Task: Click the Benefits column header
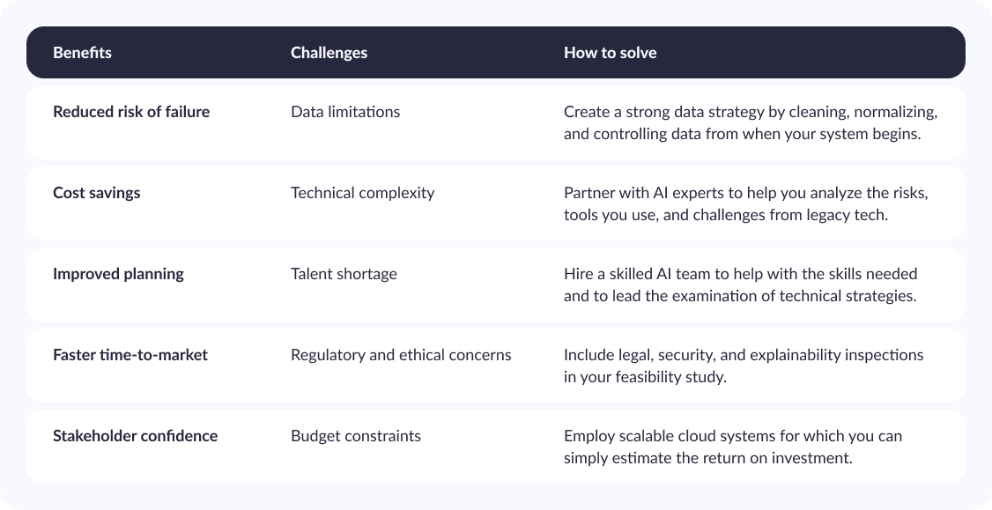point(82,53)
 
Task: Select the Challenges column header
point(329,53)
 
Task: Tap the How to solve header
point(610,53)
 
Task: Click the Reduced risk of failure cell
point(131,112)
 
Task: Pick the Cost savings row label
point(97,193)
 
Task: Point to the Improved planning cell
point(118,274)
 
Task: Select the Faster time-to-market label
point(130,355)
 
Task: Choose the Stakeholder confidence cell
point(136,436)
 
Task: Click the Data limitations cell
point(345,112)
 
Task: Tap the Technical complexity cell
point(362,193)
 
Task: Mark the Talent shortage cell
point(344,274)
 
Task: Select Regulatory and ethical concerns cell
point(401,355)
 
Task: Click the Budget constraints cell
point(356,436)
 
